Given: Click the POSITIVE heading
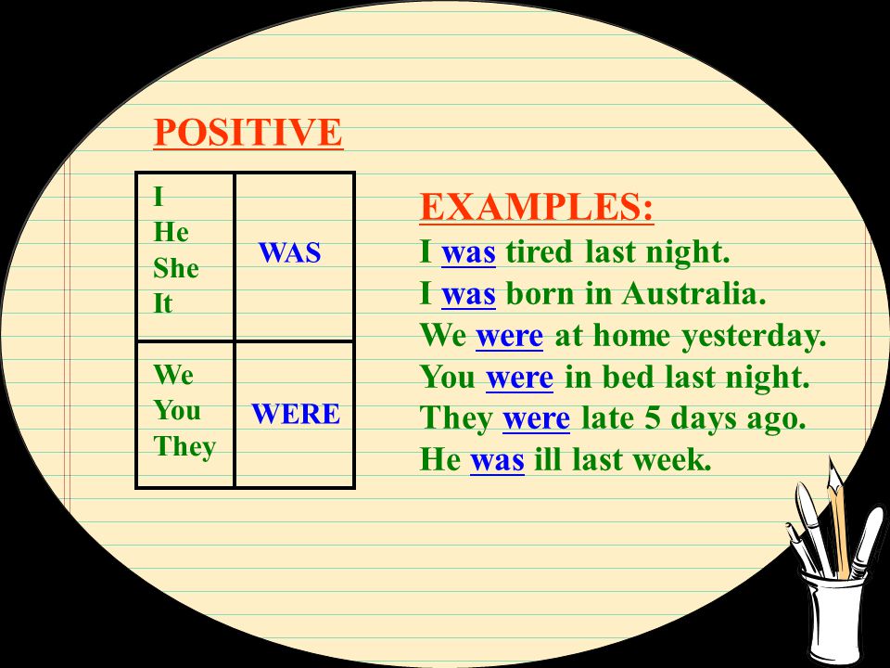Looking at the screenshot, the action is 248,132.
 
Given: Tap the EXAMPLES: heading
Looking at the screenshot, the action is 537,207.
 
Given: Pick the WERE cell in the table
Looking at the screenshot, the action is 295,414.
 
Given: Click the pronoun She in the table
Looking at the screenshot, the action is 176,268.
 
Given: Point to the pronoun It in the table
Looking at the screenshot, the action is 162,303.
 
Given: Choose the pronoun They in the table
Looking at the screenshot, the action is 184,447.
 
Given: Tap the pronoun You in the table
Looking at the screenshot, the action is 176,410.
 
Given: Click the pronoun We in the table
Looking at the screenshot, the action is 173,374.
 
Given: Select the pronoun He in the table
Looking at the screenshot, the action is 171,232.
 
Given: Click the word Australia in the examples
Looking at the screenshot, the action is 693,294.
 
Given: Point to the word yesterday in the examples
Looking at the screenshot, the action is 754,336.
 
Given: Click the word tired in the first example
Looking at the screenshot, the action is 539,251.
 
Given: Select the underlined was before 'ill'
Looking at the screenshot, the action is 497,460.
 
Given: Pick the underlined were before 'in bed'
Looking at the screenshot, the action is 519,378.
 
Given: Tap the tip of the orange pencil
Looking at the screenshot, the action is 830,457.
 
